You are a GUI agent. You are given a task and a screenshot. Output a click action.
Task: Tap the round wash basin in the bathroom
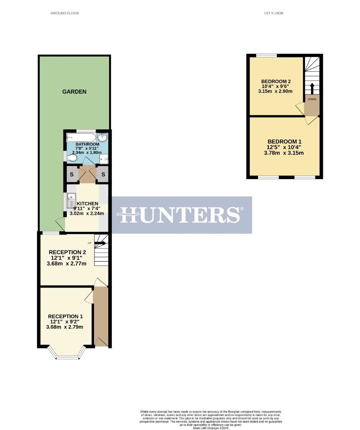click(x=103, y=137)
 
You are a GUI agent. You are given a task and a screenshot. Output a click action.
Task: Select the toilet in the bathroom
click(x=72, y=158)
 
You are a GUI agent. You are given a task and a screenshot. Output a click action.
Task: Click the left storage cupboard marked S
click(x=72, y=174)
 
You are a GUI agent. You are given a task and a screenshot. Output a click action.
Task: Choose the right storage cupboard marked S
click(x=103, y=174)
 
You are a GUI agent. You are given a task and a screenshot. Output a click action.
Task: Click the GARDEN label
click(x=74, y=92)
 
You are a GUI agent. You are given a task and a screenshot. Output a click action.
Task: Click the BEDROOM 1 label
click(x=284, y=141)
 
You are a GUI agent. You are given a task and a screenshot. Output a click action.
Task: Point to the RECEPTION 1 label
click(x=66, y=316)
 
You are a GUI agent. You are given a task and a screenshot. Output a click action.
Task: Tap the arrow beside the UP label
click(x=100, y=242)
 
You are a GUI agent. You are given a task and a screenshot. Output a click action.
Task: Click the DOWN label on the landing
click(x=312, y=99)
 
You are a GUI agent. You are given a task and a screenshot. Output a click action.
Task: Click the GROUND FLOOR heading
click(x=65, y=13)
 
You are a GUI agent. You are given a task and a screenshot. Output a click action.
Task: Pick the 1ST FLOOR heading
click(x=273, y=13)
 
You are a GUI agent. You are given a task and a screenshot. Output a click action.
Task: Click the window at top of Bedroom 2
click(x=266, y=56)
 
